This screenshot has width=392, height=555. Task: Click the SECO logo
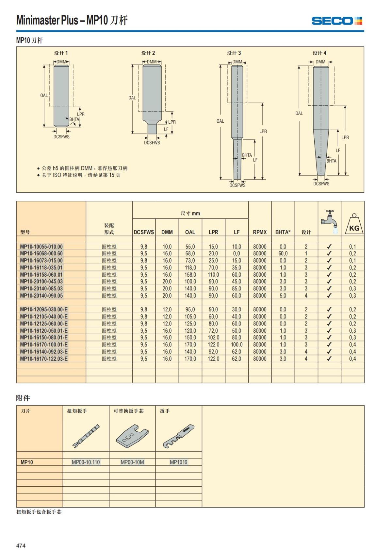click(337, 21)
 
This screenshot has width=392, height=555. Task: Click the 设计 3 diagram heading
click(234, 53)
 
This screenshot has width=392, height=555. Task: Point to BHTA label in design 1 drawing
click(74, 119)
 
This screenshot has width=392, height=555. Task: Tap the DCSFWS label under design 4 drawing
click(321, 184)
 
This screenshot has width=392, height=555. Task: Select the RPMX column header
click(260, 232)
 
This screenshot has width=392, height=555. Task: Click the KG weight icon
click(354, 225)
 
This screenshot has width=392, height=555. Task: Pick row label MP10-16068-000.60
click(41, 253)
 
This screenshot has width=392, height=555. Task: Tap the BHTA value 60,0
click(283, 253)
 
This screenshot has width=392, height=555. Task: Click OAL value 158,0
click(190, 275)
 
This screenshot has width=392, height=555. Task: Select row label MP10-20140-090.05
click(41, 296)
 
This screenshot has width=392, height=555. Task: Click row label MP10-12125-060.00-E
click(44, 324)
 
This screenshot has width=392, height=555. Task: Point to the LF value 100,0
click(237, 345)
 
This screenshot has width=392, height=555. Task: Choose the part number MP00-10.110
click(86, 462)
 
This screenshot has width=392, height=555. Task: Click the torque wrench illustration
click(86, 436)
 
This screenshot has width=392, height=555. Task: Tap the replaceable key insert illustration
click(132, 436)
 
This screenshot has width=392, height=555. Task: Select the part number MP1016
click(178, 462)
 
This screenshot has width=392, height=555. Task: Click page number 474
click(21, 546)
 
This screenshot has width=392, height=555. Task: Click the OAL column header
click(190, 232)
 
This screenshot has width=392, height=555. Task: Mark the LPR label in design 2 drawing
click(172, 122)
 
